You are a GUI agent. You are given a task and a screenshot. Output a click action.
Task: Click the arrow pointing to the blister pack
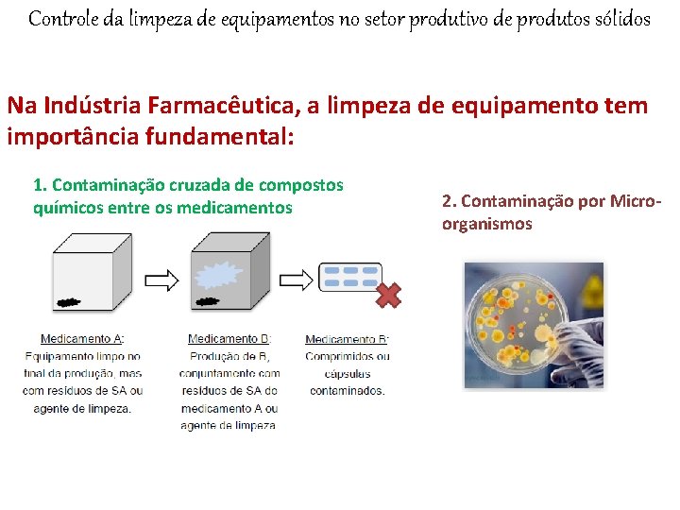point(297,280)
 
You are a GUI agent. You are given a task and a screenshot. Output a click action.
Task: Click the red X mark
point(387,296)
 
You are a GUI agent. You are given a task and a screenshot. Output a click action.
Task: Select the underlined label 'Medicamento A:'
point(82,339)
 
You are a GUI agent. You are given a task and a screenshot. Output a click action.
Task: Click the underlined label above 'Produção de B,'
point(229,339)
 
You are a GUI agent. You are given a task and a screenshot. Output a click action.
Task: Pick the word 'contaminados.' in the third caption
point(347,390)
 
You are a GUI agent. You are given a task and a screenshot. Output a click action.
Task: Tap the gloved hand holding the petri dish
point(581,331)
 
